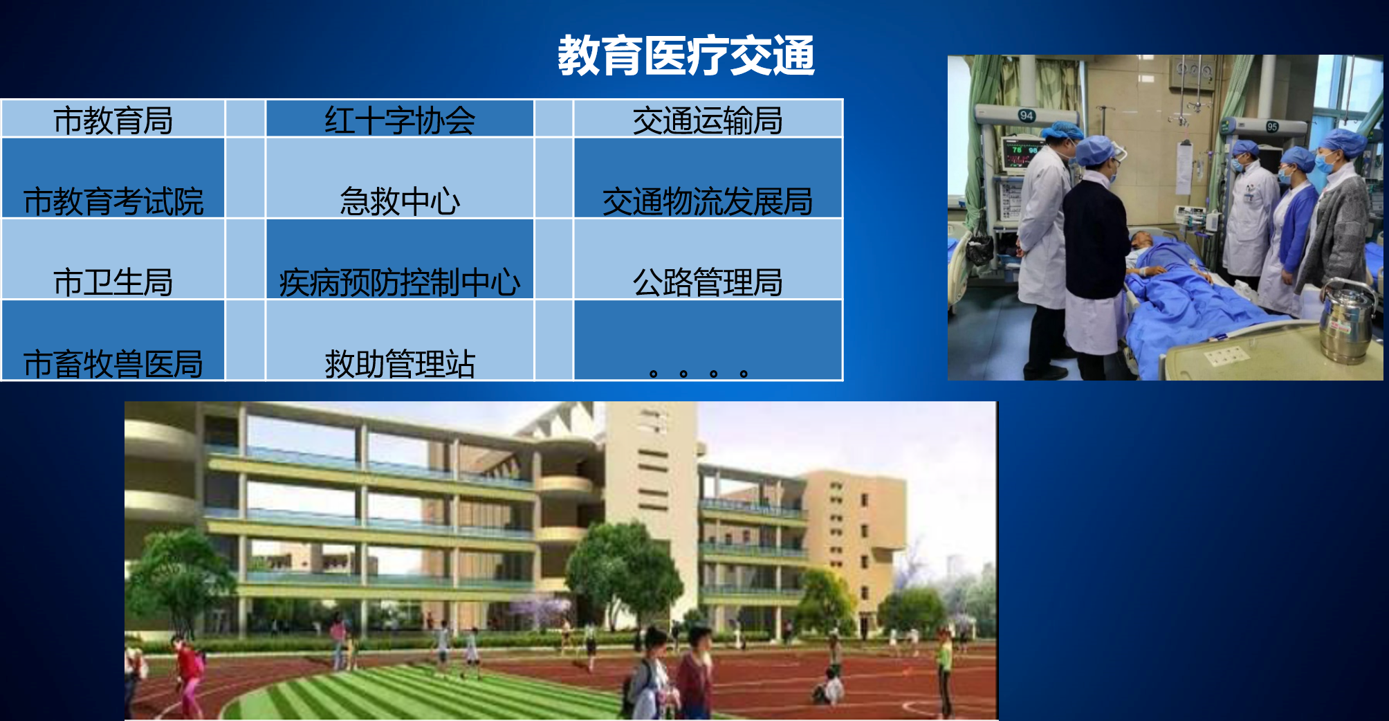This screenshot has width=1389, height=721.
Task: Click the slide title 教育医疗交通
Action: (686, 55)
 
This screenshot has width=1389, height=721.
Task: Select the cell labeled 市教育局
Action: (113, 118)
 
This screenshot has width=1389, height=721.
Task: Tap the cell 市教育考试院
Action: (113, 179)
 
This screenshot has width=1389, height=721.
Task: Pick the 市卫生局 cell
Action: (113, 259)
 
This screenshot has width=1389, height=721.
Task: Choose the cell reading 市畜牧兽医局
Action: (113, 340)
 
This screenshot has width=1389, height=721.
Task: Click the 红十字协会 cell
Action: (400, 118)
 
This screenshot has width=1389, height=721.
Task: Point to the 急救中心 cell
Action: (400, 179)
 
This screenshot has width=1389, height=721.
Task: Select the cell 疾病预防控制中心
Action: (400, 259)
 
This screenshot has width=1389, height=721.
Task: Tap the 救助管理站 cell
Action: (400, 340)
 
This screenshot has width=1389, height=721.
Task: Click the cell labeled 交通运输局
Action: (708, 118)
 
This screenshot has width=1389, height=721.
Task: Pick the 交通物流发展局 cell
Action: (708, 179)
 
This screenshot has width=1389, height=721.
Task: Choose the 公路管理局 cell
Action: (708, 259)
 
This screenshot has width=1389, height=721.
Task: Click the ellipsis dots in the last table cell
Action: (698, 374)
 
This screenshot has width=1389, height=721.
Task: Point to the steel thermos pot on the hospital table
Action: (1346, 321)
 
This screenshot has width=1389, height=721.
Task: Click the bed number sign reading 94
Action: (1027, 116)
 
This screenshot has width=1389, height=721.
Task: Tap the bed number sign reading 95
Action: (1272, 127)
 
